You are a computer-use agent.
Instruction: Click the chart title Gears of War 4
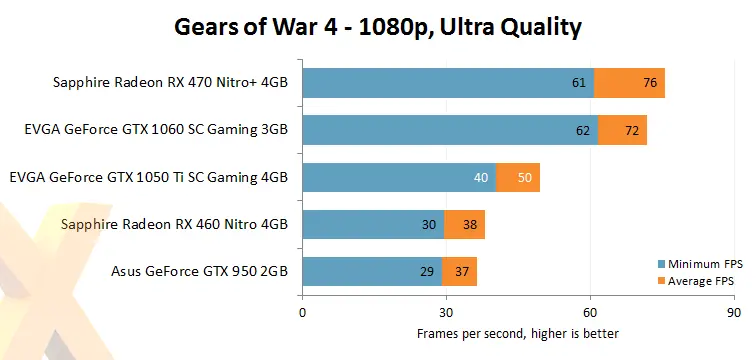coord(378,27)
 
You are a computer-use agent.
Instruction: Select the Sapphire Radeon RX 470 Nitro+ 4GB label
coord(171,83)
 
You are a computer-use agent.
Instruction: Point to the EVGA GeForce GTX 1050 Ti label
coord(148,177)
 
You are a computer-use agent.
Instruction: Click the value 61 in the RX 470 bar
coord(578,83)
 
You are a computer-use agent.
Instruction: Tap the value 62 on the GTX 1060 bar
coord(582,130)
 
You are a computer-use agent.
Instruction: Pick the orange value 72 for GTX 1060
coord(631,130)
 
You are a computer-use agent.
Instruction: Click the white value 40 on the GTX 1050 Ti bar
coord(480,177)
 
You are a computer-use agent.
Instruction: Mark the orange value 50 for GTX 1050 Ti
coord(524,177)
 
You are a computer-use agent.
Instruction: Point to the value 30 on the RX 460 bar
coord(429,224)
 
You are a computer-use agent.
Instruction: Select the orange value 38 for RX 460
coord(469,224)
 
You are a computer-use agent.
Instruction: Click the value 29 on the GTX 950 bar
coord(426,271)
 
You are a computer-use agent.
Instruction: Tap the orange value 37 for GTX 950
coord(461,271)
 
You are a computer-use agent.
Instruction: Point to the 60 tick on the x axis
coord(591,311)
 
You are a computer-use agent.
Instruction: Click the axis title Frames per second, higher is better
coord(518,333)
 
